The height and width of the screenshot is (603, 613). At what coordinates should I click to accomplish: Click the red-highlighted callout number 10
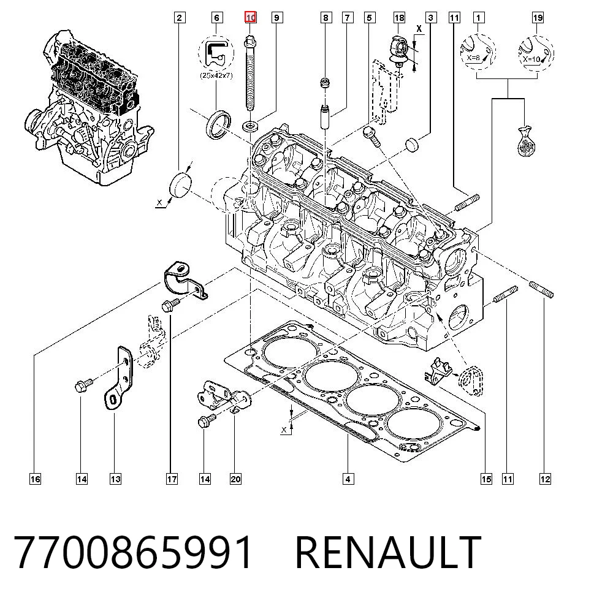pos(250,18)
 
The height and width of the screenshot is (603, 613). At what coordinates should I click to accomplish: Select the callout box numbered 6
pos(216,18)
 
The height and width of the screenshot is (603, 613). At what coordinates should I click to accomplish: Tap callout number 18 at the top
pos(399,18)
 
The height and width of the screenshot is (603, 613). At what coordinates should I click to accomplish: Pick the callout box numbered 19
pos(538,18)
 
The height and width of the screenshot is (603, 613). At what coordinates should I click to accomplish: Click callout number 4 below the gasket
pos(348,479)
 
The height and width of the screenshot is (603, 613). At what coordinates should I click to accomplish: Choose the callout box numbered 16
pos(35,479)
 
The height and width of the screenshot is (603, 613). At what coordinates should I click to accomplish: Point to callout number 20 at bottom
pos(235,479)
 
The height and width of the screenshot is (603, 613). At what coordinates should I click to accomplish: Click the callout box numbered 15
pos(486,479)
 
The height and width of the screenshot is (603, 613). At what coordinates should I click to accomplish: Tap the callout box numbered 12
pos(545,479)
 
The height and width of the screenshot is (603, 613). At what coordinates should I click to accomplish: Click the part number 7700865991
pos(133,552)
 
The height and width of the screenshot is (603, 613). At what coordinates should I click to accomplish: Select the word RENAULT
pos(388,552)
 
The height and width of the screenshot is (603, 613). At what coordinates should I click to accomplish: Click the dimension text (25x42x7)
pos(216,75)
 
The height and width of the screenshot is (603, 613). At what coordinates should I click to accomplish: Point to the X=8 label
pos(473,58)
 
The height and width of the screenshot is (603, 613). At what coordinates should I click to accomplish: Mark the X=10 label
pos(531,59)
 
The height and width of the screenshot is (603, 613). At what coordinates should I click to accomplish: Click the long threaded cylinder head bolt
pos(250,74)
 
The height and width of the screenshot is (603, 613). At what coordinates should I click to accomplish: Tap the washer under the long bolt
pos(250,126)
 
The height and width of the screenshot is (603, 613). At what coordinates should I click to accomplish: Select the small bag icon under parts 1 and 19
pos(526,141)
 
